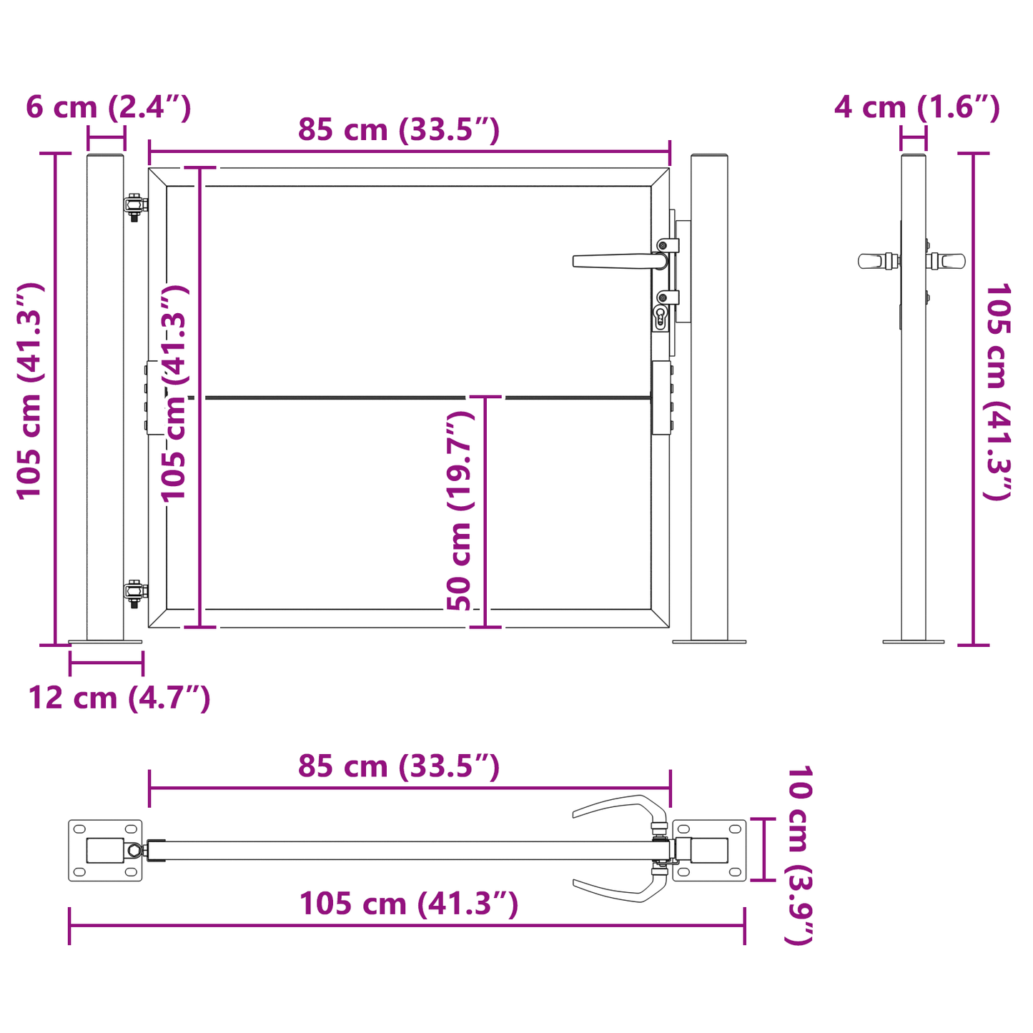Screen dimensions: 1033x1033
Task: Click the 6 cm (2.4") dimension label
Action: (x=109, y=107)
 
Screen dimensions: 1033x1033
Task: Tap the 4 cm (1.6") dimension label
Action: (x=916, y=107)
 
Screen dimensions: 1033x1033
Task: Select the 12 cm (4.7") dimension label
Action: (x=119, y=698)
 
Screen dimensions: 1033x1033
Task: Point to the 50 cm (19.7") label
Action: (x=460, y=511)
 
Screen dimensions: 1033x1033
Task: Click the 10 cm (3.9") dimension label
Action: (x=799, y=855)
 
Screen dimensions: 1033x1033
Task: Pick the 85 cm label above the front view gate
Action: (x=398, y=130)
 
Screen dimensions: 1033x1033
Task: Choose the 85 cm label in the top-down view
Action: (x=398, y=766)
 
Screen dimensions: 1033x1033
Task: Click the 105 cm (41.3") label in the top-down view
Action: (x=408, y=904)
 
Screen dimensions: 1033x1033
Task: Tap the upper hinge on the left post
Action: (x=134, y=206)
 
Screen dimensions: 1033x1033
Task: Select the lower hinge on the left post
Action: (x=134, y=592)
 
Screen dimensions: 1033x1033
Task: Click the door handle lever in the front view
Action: (x=615, y=261)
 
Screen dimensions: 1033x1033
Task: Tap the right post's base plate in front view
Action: (x=709, y=641)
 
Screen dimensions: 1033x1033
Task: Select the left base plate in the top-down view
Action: (x=105, y=850)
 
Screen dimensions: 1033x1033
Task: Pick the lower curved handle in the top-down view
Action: (x=619, y=891)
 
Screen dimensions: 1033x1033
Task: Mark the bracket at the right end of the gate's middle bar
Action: (x=661, y=397)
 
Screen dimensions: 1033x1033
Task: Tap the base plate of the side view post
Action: (x=913, y=641)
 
